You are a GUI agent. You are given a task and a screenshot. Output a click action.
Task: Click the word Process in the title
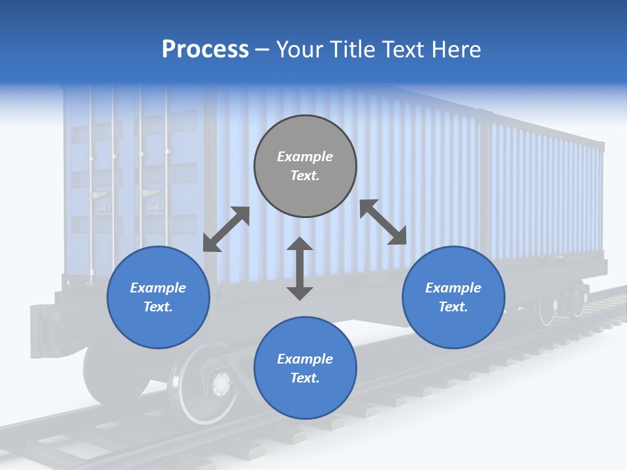(205, 50)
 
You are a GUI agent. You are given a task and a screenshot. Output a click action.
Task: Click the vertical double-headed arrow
(300, 268)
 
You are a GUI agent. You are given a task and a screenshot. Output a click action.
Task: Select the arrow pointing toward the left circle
(226, 229)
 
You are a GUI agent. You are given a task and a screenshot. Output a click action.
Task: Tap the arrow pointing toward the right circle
(383, 222)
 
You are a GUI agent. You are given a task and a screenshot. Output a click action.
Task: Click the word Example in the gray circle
(305, 157)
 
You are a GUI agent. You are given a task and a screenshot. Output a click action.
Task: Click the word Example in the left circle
(158, 288)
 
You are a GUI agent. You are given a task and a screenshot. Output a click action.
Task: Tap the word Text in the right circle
(453, 307)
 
